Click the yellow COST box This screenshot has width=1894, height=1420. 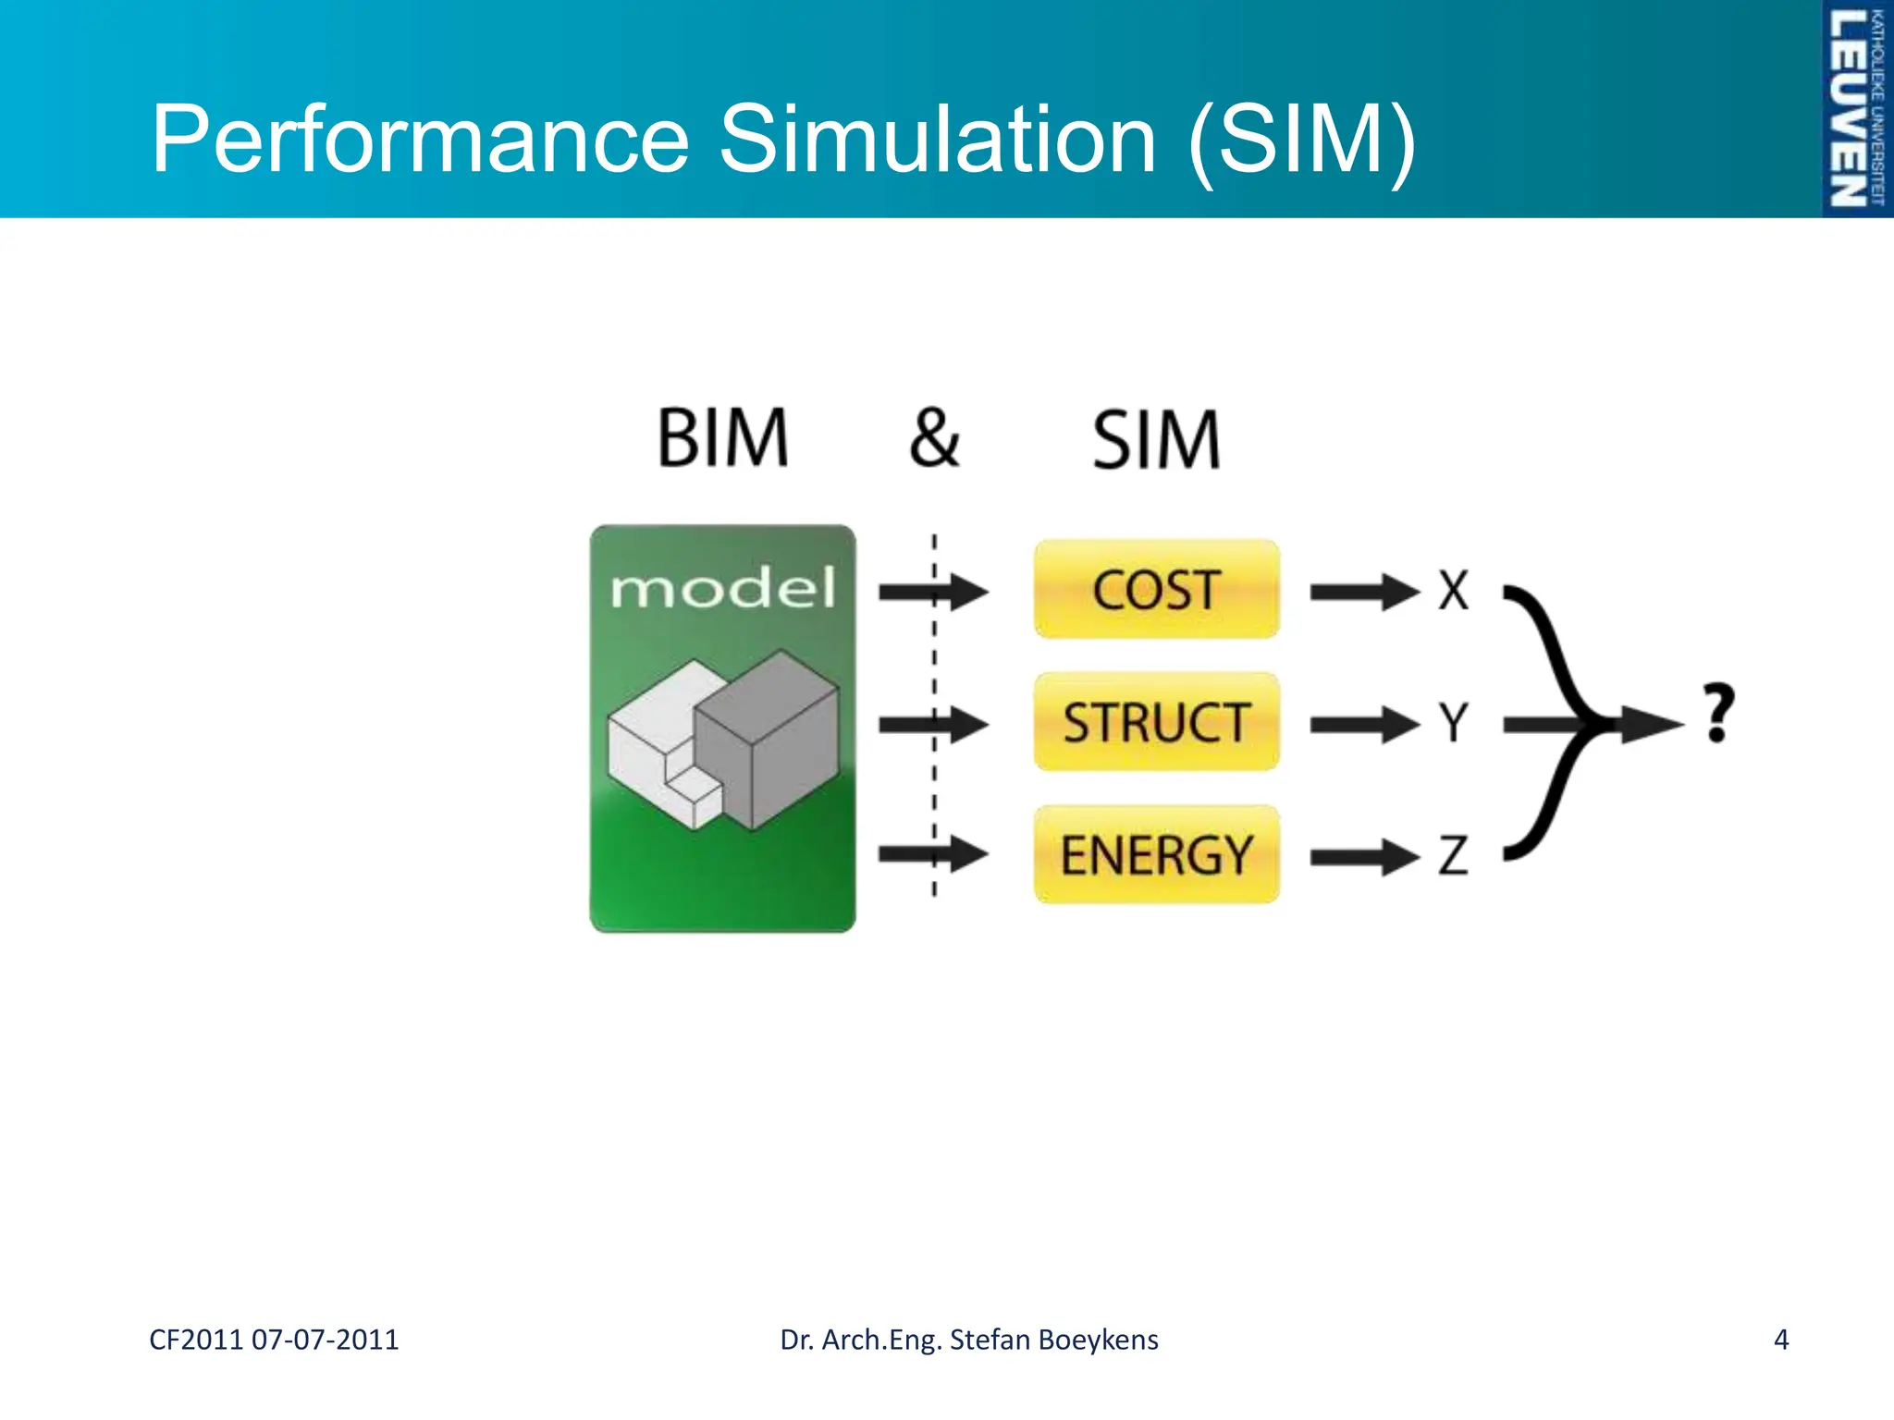(x=1156, y=590)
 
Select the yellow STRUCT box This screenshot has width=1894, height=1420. (x=1156, y=722)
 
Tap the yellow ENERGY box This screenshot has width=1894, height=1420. (x=1156, y=854)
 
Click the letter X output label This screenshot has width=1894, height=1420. (x=1453, y=590)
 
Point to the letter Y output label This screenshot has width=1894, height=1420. (x=1453, y=722)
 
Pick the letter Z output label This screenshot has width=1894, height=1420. (x=1453, y=855)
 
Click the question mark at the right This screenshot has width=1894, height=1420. (x=1718, y=713)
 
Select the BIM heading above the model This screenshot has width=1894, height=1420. (x=722, y=438)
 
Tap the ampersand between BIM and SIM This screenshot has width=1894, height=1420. (x=934, y=438)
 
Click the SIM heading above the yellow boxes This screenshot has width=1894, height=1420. (x=1156, y=440)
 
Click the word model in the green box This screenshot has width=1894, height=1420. (x=722, y=588)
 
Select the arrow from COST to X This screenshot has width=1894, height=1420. (x=1364, y=592)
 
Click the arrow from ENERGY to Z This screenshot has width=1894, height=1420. (x=1364, y=857)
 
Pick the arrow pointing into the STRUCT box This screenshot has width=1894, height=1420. (x=932, y=724)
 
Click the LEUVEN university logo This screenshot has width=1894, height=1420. (x=1855, y=108)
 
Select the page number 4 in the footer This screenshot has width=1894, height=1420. (x=1780, y=1340)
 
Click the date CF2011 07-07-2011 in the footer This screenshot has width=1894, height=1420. (x=274, y=1340)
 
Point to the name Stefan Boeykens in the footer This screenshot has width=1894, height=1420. (x=1053, y=1340)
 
